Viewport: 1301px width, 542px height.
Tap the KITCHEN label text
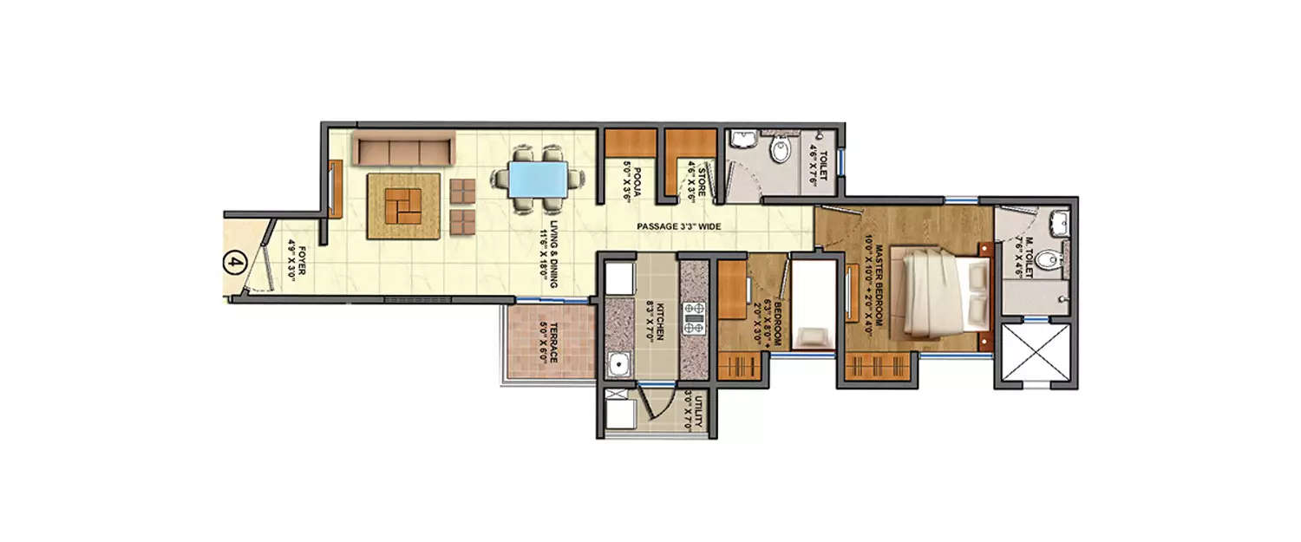pos(658,320)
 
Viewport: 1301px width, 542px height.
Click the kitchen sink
pos(618,365)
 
